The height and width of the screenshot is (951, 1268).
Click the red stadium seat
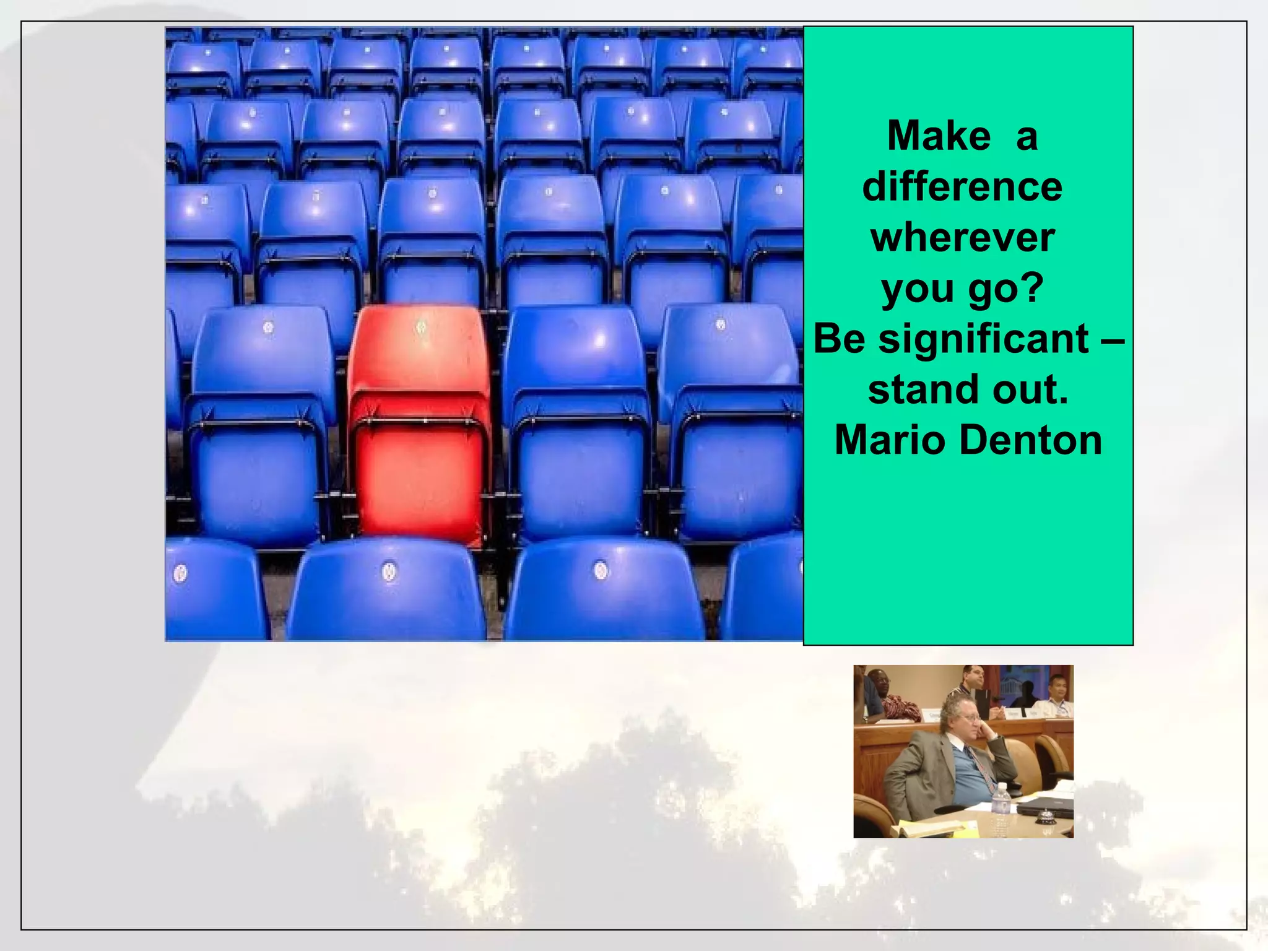pos(420,427)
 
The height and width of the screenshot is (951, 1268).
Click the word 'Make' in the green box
pos(939,136)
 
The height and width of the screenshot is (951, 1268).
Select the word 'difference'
pos(962,187)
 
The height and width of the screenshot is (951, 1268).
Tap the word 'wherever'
pos(963,238)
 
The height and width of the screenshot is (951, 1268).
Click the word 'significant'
pos(984,339)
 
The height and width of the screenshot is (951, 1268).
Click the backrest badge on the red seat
pos(421,326)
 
